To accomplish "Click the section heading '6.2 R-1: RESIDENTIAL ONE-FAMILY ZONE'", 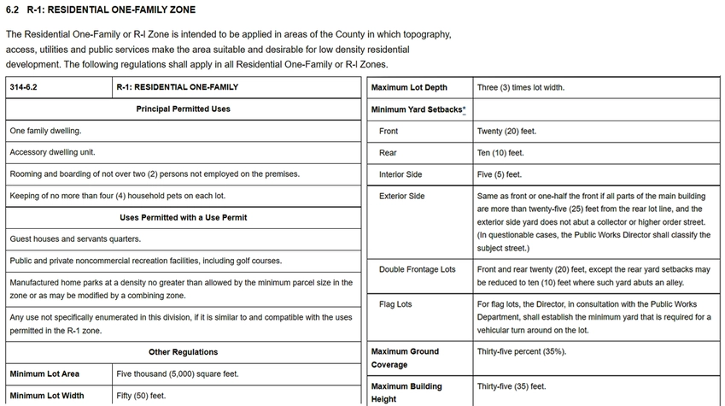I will point(100,10).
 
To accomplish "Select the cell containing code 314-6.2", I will point(23,87).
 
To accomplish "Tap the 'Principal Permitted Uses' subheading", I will point(183,109).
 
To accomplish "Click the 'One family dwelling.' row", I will point(46,131).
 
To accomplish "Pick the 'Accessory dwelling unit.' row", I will point(52,152).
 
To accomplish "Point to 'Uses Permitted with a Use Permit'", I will point(183,217).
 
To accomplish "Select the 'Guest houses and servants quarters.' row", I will point(75,238).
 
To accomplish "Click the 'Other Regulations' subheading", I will point(183,351).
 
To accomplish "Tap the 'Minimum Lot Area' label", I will point(44,374).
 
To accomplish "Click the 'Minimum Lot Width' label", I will point(47,396).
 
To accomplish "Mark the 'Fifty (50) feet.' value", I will point(141,396).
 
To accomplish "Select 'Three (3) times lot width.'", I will point(520,87).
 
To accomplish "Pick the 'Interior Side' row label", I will point(401,174).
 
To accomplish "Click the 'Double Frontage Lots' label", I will point(418,269).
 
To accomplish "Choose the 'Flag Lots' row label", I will point(395,304).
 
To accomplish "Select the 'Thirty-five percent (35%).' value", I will point(521,351).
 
